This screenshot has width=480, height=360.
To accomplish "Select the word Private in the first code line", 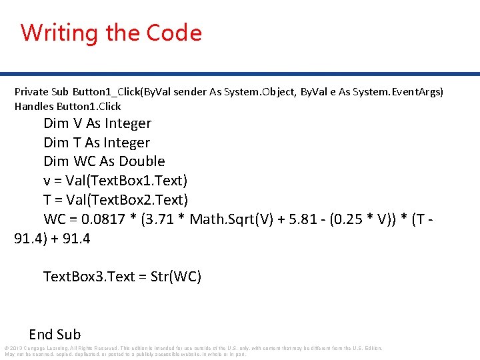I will coord(31,91).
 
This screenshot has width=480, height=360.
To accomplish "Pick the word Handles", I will coord(33,106).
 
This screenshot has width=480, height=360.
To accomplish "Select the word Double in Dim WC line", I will coord(142,161).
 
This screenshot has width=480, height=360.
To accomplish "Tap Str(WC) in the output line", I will coord(178,277).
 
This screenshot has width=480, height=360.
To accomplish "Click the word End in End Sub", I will coord(41,335).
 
